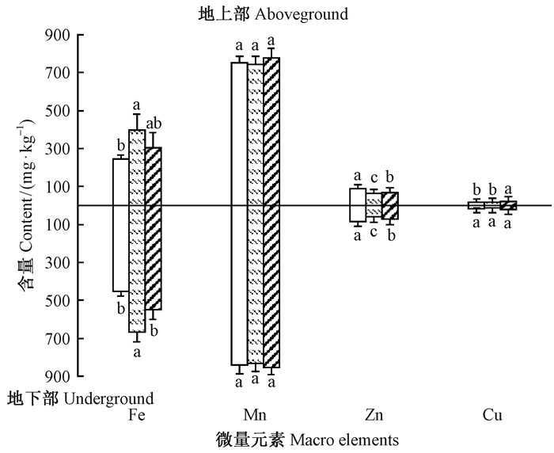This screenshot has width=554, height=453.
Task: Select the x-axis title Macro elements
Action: click(x=344, y=438)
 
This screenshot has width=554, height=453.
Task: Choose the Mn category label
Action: click(x=255, y=415)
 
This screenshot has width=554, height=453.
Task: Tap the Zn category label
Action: click(x=374, y=415)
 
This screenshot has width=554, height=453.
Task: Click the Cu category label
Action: click(x=492, y=415)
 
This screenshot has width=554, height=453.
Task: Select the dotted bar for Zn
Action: click(x=374, y=205)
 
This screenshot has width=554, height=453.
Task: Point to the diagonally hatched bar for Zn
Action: click(x=390, y=206)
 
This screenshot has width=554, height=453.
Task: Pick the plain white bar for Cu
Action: click(x=476, y=206)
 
